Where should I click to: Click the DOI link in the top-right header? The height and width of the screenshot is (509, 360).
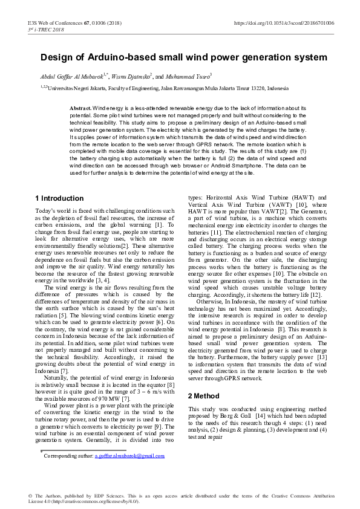[284, 23]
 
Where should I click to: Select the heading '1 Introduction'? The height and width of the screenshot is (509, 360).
[59, 198]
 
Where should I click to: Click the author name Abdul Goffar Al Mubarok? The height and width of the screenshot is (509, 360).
[66, 77]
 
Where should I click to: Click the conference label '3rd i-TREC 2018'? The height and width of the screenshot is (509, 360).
[47, 29]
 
